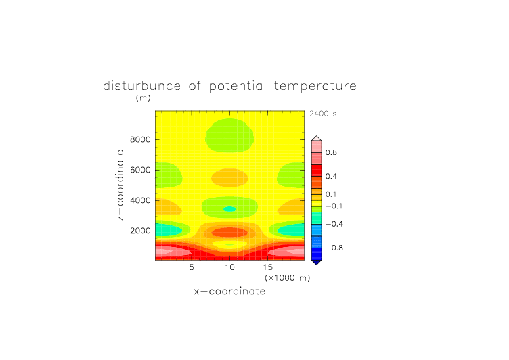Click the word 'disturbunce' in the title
click(141, 86)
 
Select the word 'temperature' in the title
click(315, 86)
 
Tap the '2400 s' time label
click(323, 114)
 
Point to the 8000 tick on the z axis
click(140, 139)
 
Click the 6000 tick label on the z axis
click(140, 170)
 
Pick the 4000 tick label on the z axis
click(140, 200)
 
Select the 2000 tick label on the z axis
click(140, 231)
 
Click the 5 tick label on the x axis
click(192, 267)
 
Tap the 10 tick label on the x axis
click(230, 267)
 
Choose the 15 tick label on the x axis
click(268, 267)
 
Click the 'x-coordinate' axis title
click(230, 291)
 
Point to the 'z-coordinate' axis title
click(120, 185)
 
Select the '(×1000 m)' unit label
click(288, 278)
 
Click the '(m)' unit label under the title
click(143, 97)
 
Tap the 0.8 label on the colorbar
click(331, 152)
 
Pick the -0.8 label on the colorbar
click(334, 248)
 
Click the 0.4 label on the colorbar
click(331, 176)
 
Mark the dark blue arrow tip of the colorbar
click(317, 265)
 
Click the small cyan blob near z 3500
click(230, 209)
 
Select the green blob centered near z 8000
click(230, 135)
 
